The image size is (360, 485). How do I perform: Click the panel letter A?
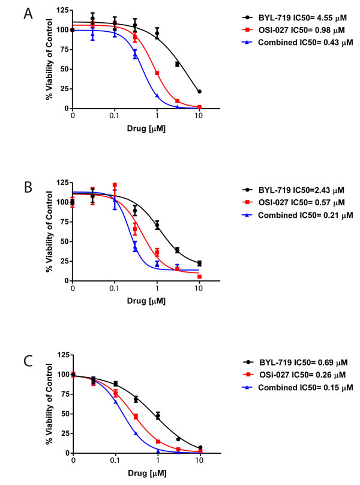tap(27, 14)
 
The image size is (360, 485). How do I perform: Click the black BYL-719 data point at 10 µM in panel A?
tap(199, 91)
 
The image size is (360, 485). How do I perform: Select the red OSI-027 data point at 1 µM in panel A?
tap(157, 73)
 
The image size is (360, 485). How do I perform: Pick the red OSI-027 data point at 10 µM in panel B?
tap(199, 277)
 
